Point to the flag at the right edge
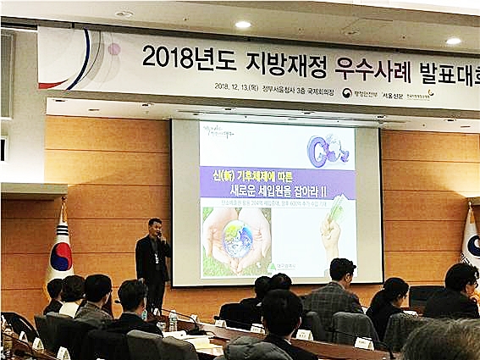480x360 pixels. pyautogui.click(x=471, y=237)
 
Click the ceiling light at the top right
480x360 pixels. pyautogui.click(x=454, y=40)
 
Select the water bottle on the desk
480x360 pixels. pyautogui.click(x=173, y=320)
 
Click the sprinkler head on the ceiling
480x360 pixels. pyautogui.click(x=124, y=14)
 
